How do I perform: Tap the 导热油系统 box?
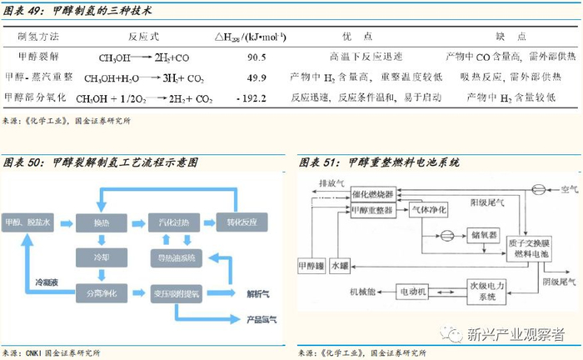pos(175,258)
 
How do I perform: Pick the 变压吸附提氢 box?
pos(175,294)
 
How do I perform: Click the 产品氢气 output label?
pos(262,319)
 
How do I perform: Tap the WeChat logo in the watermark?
pos(454,334)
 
